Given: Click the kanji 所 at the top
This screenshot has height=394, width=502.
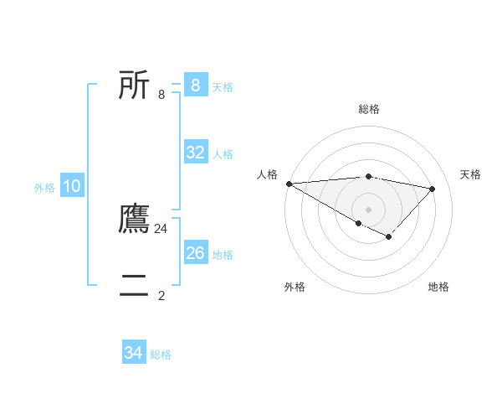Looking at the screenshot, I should point(134,86).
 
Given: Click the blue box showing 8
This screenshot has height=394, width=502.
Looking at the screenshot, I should point(195,86).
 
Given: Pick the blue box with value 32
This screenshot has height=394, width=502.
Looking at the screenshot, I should point(195,153).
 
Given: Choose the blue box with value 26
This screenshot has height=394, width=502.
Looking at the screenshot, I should point(195,253).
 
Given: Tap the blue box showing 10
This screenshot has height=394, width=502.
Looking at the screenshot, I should point(72,187).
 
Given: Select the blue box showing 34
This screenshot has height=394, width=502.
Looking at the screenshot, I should point(133,353).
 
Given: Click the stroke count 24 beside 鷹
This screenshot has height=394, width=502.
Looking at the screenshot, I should point(161,228).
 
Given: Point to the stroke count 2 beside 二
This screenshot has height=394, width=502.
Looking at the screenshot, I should point(161,295).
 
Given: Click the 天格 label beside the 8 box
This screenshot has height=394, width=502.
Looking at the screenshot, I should point(223,87).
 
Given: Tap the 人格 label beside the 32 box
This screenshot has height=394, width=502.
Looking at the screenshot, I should point(223,154).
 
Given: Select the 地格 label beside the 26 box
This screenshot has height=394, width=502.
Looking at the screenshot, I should point(223,255).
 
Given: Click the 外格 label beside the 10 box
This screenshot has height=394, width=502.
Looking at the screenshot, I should point(44,189).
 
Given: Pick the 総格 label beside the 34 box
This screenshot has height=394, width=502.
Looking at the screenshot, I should point(161,355).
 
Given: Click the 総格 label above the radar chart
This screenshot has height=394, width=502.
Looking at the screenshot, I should point(369,109).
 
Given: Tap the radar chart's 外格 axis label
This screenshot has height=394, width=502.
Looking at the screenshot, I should point(295,287).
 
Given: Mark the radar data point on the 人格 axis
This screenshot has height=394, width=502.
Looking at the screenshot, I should point(289,184).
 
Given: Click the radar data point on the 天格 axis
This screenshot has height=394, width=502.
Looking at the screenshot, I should point(432,189).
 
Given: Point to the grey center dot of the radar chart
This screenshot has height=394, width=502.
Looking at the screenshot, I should point(368,209).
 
